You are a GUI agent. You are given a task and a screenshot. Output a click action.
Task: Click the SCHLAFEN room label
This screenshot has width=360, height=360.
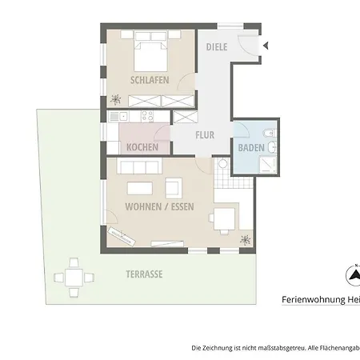point(150,80)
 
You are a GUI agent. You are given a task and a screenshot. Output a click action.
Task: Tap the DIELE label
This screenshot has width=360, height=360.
point(217,47)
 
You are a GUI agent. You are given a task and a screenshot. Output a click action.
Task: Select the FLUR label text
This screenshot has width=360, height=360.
point(205,135)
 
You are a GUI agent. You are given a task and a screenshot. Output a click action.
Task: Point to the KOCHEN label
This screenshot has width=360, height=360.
point(142,147)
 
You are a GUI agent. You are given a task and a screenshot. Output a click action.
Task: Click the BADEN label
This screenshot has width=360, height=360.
point(251,148)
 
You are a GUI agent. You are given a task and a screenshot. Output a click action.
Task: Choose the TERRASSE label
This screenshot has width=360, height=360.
point(144,274)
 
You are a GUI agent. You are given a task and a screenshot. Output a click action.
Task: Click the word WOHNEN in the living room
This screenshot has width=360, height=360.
point(143,206)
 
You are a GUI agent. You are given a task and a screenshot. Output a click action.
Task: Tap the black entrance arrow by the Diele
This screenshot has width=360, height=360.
point(266,46)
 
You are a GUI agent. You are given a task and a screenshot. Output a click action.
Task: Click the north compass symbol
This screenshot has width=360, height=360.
point(354,275)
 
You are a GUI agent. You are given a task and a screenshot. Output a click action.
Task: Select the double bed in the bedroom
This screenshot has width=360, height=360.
point(150,51)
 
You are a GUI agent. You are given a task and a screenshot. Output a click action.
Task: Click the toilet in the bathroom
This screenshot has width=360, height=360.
point(270,133)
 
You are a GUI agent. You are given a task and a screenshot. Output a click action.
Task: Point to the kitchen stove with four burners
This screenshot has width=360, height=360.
point(147,116)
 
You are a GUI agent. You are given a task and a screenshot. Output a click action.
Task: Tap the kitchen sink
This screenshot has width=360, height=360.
point(118,116)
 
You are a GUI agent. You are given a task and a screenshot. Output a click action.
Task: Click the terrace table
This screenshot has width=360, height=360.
point(74,278)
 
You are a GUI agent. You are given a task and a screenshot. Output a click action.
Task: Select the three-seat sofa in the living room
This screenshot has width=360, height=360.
point(139,166)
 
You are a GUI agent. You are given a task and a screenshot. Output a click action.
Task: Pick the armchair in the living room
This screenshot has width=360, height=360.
point(174,188)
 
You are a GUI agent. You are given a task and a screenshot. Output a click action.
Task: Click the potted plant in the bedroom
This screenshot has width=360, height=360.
point(115,100)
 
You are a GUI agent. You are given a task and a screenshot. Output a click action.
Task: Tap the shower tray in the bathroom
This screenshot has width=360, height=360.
point(268,164)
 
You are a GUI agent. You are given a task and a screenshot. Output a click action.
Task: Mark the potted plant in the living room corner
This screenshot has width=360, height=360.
point(246,240)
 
